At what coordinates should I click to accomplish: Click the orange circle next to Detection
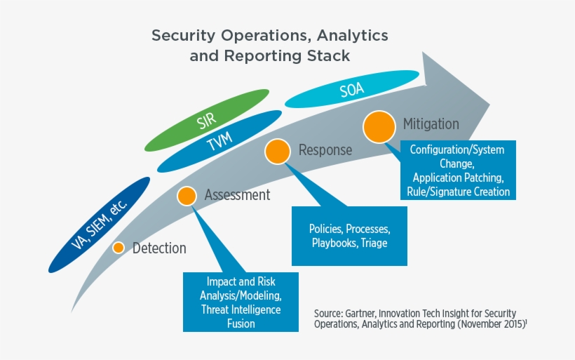click(119, 248)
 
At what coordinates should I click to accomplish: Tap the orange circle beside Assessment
click(187, 196)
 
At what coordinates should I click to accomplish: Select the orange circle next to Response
click(277, 151)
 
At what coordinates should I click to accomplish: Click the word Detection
click(159, 248)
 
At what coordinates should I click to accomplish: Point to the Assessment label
click(237, 195)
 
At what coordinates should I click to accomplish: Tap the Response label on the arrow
click(325, 150)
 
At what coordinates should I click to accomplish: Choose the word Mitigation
click(431, 124)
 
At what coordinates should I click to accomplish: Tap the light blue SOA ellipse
click(351, 89)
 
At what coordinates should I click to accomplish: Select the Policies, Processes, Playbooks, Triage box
click(349, 236)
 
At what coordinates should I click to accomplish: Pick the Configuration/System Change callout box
click(457, 170)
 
